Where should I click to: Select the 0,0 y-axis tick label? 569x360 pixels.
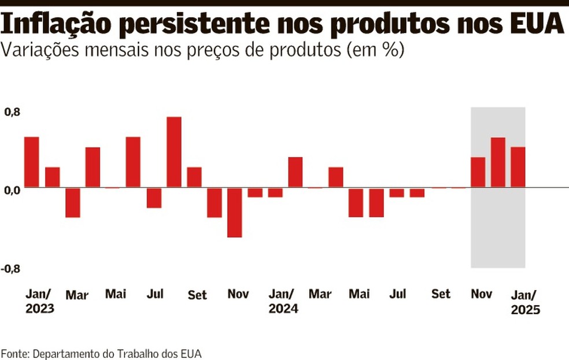[12, 190]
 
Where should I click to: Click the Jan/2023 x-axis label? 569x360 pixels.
[39, 300]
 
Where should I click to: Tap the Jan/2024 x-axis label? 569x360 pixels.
[283, 300]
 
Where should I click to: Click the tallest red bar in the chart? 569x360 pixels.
[174, 152]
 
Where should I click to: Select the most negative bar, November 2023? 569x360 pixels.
[235, 212]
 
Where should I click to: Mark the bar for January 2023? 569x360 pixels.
[32, 162]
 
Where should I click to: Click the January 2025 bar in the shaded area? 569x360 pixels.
[518, 167]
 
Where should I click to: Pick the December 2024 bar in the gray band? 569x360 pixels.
[498, 162]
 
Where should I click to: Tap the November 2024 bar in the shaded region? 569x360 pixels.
[478, 172]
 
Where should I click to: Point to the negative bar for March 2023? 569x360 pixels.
[72, 202]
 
